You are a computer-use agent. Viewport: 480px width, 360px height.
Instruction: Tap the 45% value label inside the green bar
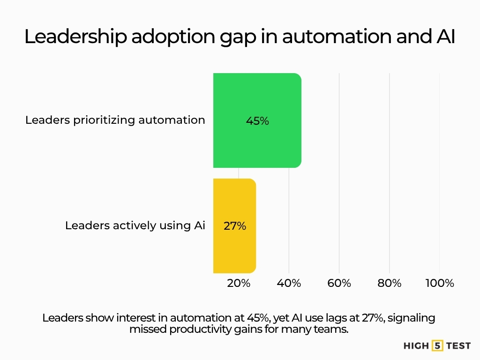tap(257, 121)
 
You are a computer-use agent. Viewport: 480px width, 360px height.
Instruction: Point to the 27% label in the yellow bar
tap(235, 226)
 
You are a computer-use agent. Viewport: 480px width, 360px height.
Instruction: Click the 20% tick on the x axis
tap(239, 284)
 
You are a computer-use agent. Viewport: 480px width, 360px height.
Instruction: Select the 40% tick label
tap(289, 284)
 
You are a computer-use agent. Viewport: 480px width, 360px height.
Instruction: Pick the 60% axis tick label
tap(339, 284)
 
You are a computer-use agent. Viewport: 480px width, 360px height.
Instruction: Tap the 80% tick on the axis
tap(389, 284)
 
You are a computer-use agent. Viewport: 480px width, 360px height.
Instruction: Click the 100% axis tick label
tap(439, 284)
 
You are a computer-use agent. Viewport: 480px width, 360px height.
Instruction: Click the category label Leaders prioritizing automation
tap(115, 120)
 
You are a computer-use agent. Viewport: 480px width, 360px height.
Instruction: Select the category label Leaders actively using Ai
tap(135, 225)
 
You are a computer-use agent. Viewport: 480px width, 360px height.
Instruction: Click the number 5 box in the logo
tap(437, 346)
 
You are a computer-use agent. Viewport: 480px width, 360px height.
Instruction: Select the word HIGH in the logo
tap(416, 346)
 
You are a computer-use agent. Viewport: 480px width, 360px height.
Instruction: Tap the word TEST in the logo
tap(457, 346)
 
